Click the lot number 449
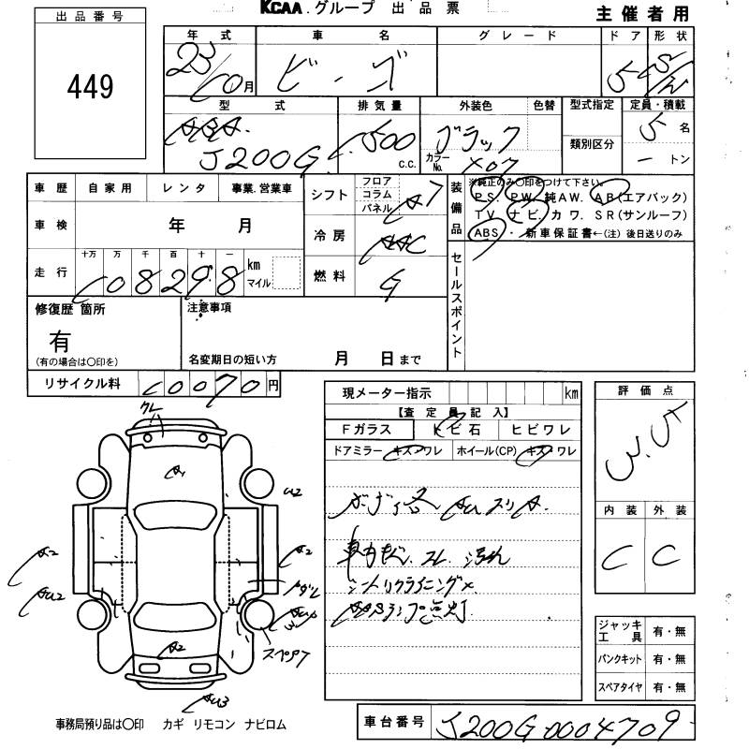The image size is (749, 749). [x=90, y=88]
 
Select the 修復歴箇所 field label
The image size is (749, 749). [x=70, y=308]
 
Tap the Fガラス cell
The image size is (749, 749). [x=371, y=430]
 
